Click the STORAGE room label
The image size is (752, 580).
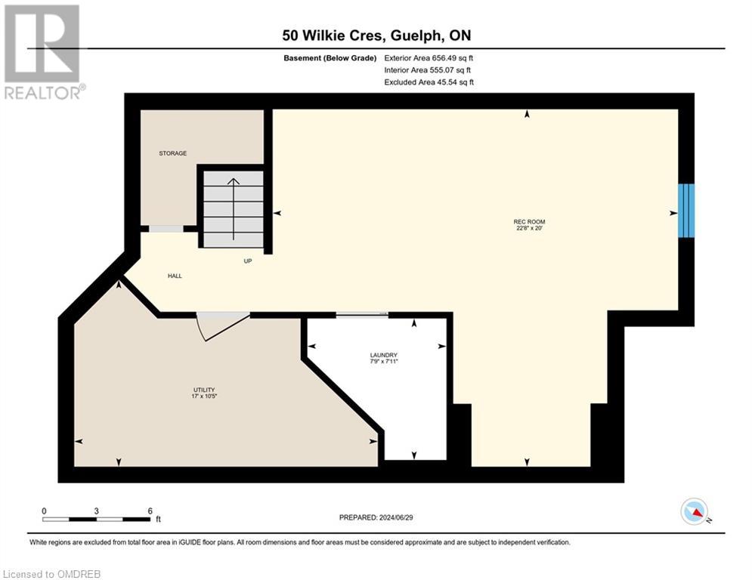click(172, 153)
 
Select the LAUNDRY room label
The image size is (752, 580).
click(384, 355)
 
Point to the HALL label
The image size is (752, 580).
click(175, 276)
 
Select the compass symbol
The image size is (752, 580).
click(695, 511)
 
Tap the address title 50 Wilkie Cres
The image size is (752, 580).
click(376, 35)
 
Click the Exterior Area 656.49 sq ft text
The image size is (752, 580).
click(429, 57)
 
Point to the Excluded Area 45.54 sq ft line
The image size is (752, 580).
click(429, 82)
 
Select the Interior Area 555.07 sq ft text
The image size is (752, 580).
click(429, 69)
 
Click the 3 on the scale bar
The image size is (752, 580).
click(97, 511)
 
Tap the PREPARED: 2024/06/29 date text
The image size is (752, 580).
click(376, 517)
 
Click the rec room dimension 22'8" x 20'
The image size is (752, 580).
click(528, 228)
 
